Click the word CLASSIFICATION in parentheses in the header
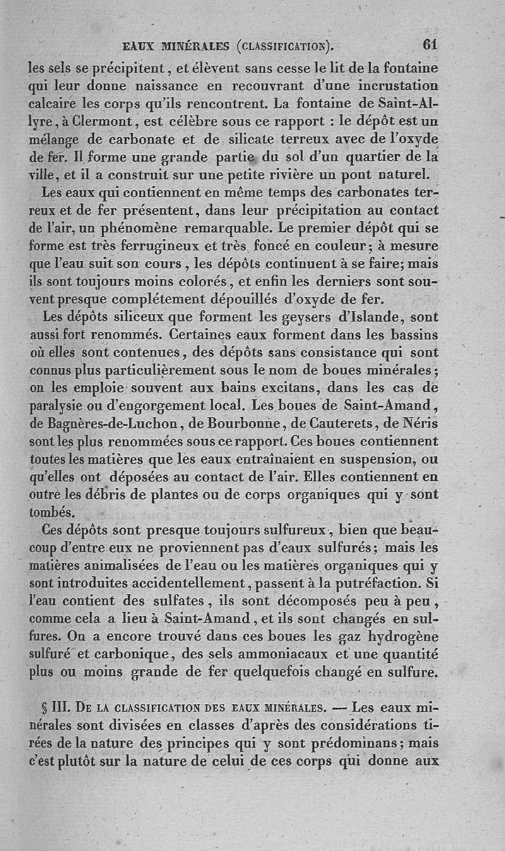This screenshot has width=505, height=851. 285,45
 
